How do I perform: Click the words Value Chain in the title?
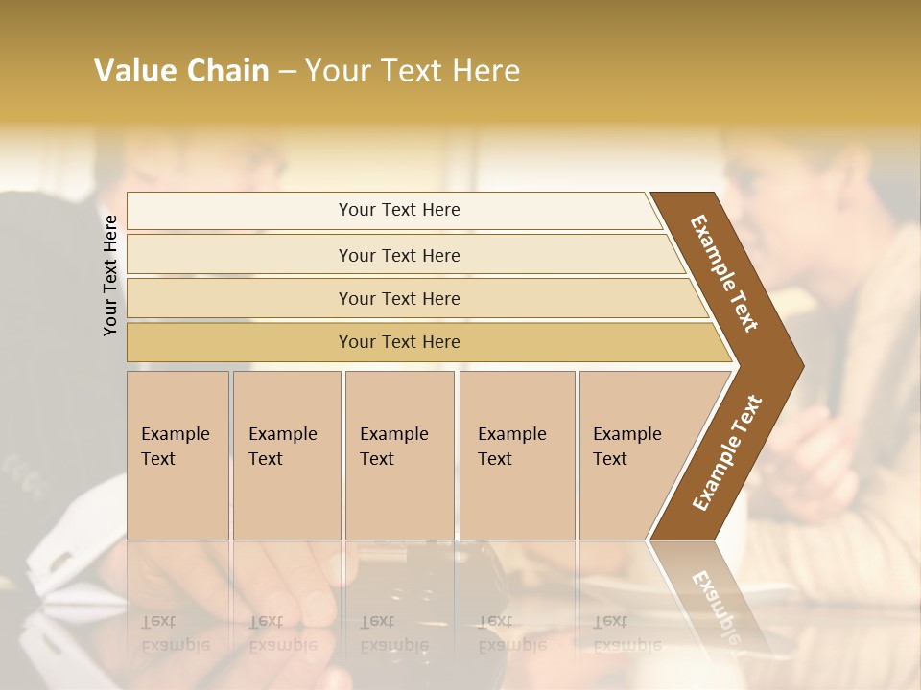pyautogui.click(x=181, y=71)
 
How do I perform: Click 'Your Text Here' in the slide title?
pyautogui.click(x=412, y=71)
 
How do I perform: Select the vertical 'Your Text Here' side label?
pyautogui.click(x=111, y=276)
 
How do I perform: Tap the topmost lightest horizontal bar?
pyautogui.click(x=399, y=210)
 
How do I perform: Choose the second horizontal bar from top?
pyautogui.click(x=399, y=255)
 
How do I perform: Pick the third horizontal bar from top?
pyautogui.click(x=399, y=299)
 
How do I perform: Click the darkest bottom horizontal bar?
pyautogui.click(x=399, y=342)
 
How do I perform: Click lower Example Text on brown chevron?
pyautogui.click(x=726, y=453)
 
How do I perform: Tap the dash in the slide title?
pyautogui.click(x=287, y=72)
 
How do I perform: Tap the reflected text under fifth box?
pyautogui.click(x=626, y=632)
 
